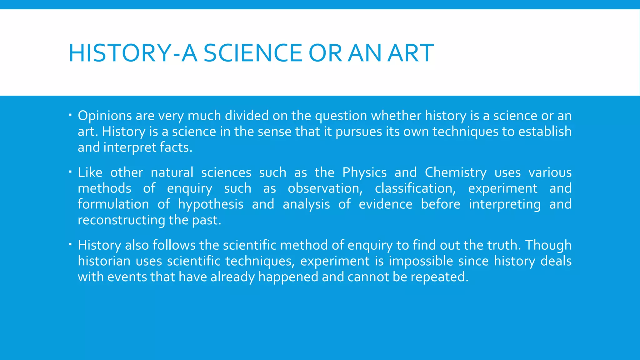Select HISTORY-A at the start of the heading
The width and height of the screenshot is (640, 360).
pyautogui.click(x=133, y=53)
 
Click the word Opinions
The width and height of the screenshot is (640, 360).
pyautogui.click(x=105, y=116)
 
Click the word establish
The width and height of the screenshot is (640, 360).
pyautogui.click(x=545, y=132)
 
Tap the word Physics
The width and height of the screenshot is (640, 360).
pyautogui.click(x=364, y=173)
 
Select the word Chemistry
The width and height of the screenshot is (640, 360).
pyautogui.click(x=456, y=173)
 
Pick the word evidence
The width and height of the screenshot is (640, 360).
pyautogui.click(x=385, y=204)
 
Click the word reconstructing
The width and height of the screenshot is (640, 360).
pyautogui.click(x=121, y=220)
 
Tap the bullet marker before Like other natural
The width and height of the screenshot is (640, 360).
pyautogui.click(x=70, y=172)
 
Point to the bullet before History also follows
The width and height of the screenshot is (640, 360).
pyautogui.click(x=70, y=244)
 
